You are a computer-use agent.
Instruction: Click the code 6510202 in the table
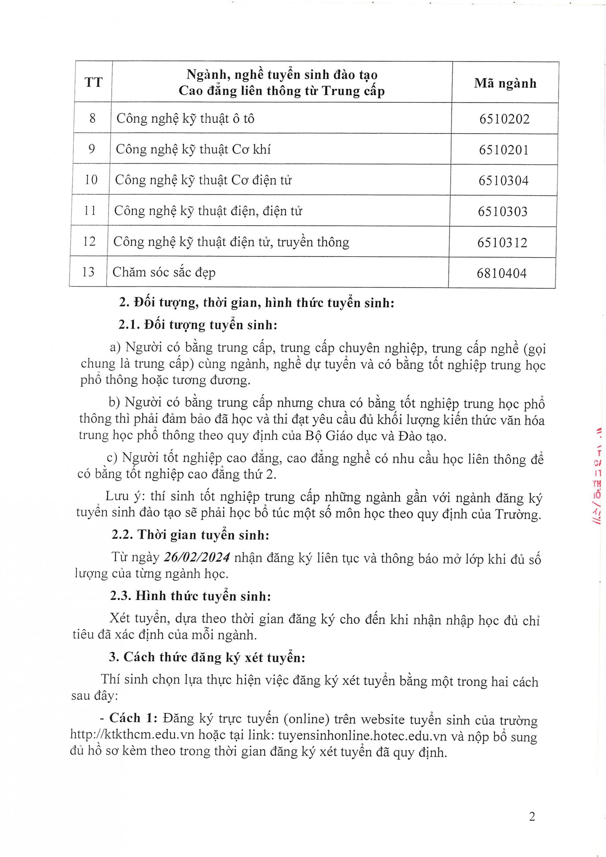[x=505, y=119]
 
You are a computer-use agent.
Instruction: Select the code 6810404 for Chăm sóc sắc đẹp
[x=502, y=273]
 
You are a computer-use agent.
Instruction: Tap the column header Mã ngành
[x=505, y=83]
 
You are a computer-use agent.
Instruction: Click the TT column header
[x=93, y=82]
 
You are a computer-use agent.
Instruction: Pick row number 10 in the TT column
[x=91, y=180]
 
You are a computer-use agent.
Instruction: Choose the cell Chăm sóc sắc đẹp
[x=164, y=272]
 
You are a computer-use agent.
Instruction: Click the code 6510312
[x=502, y=243]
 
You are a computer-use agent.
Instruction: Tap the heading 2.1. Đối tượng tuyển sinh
[x=198, y=325]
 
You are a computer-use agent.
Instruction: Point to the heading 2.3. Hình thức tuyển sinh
[x=191, y=596]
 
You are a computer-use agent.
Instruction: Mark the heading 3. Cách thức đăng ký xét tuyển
[x=207, y=657]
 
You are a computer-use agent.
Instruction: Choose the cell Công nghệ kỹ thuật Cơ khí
[x=193, y=149]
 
